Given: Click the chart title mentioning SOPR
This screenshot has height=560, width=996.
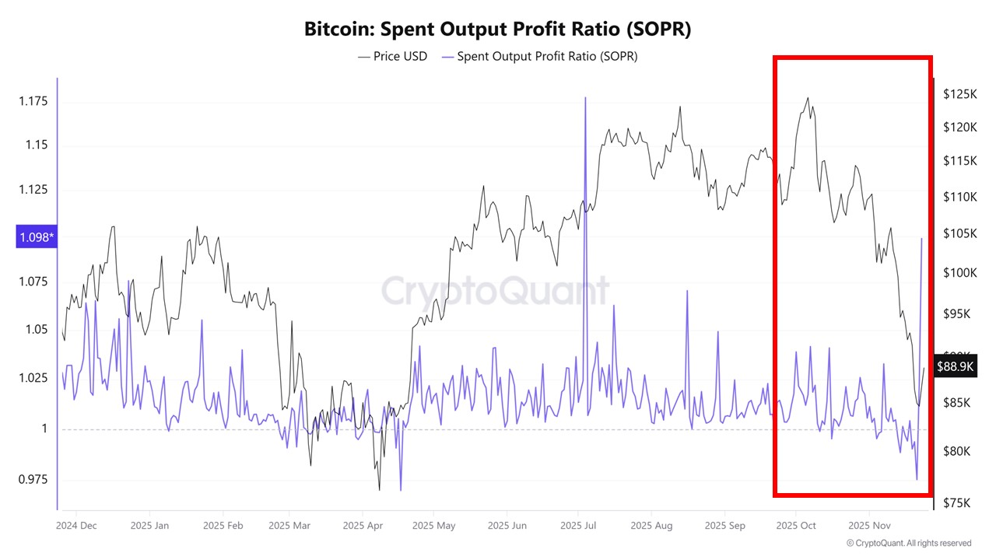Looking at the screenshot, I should click(497, 30).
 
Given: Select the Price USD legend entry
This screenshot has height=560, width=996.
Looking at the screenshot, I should click(393, 56).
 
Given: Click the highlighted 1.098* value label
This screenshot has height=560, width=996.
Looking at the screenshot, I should click(37, 237).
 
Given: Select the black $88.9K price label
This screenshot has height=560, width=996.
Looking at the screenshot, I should click(956, 366).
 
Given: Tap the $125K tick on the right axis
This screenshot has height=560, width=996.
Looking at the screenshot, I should click(959, 94).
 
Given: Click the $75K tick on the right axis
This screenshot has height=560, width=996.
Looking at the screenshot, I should click(956, 502).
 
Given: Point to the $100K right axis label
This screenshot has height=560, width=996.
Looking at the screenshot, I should click(959, 273).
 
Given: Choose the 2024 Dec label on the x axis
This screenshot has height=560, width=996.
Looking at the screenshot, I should click(76, 526).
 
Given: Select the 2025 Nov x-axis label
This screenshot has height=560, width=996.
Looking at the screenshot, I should click(869, 526).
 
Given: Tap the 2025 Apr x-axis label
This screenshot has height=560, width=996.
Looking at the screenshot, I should click(363, 526).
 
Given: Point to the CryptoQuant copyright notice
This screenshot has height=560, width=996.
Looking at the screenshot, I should click(908, 543).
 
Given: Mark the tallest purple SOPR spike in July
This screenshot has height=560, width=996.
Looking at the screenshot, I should click(584, 98).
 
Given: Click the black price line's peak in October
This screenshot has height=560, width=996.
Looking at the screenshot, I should click(808, 98).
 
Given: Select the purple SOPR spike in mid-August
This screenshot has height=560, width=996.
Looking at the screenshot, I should click(687, 291).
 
